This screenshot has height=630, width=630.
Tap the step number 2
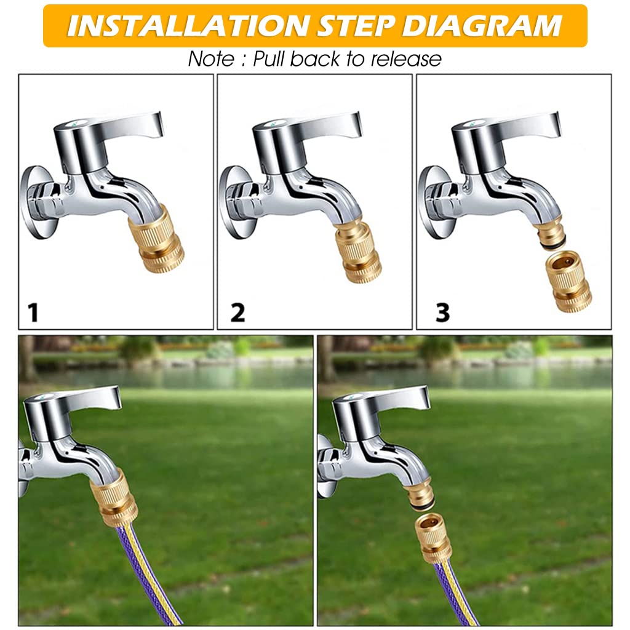(237, 313)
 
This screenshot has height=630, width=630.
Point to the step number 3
(442, 313)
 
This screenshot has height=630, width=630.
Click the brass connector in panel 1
(159, 239)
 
